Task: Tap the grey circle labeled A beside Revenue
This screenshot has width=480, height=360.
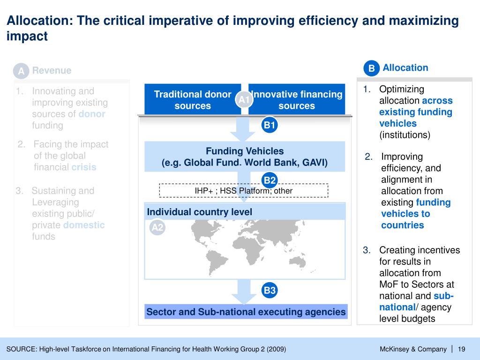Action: pyautogui.click(x=21, y=71)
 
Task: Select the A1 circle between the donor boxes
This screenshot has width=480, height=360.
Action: pyautogui.click(x=244, y=99)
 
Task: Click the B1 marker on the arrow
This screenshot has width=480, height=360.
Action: pyautogui.click(x=270, y=125)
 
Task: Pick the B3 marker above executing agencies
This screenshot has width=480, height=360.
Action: pyautogui.click(x=270, y=291)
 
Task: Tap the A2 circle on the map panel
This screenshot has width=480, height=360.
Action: pyautogui.click(x=157, y=228)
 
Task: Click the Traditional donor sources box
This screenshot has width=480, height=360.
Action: pyautogui.click(x=193, y=100)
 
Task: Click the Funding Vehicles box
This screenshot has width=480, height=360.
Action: pyautogui.click(x=245, y=157)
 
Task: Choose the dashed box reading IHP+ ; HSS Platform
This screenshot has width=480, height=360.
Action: pyautogui.click(x=244, y=191)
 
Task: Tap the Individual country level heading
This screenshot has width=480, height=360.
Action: pyautogui.click(x=200, y=212)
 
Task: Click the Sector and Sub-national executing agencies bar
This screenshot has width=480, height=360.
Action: pyautogui.click(x=246, y=312)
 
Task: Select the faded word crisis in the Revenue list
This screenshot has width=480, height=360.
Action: pyautogui.click(x=83, y=167)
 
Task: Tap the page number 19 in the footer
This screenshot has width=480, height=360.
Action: pyautogui.click(x=461, y=349)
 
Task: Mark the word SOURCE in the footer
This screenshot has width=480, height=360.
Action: pyautogui.click(x=21, y=349)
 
